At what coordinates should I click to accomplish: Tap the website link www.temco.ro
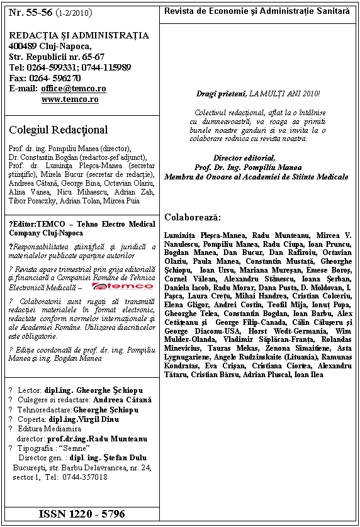tap(70, 99)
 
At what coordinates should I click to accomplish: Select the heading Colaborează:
tap(193, 217)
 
